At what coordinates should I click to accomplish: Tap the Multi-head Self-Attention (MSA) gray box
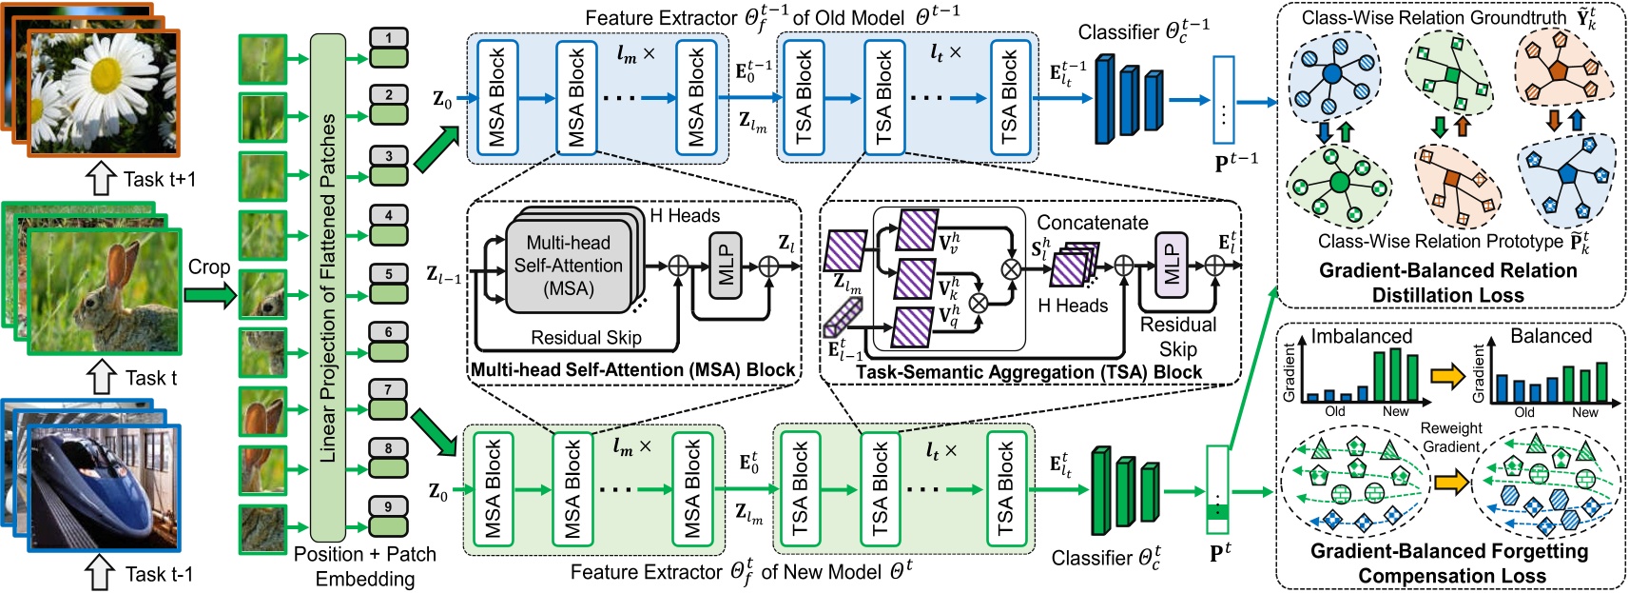(x=568, y=266)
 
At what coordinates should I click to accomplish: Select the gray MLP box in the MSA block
(x=725, y=263)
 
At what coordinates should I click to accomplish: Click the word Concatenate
(x=1092, y=223)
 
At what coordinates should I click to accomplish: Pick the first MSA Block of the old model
(x=497, y=98)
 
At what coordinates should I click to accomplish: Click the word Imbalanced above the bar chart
(x=1361, y=336)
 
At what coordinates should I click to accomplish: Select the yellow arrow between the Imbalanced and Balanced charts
(x=1447, y=376)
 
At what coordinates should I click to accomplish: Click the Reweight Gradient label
(x=1451, y=437)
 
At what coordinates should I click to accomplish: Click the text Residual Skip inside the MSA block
(x=586, y=338)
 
